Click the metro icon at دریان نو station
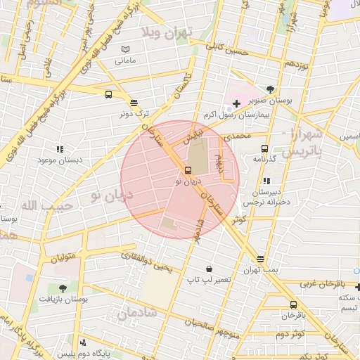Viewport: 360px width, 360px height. pyautogui.click(x=187, y=170)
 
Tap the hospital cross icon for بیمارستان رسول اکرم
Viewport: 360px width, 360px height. pyautogui.click(x=236, y=103)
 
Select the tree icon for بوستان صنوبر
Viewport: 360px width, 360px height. pyautogui.click(x=271, y=89)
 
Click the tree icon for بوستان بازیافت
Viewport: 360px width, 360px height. pyautogui.click(x=63, y=288)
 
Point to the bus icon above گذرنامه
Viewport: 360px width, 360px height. pyautogui.click(x=264, y=148)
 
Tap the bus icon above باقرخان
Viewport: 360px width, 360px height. pyautogui.click(x=293, y=304)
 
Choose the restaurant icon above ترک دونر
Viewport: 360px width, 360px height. pyautogui.click(x=134, y=102)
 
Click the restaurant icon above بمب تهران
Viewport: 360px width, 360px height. pyautogui.click(x=261, y=259)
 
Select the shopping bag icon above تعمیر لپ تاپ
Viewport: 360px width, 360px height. pyautogui.click(x=210, y=269)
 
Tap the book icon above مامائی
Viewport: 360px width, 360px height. pyautogui.click(x=125, y=49)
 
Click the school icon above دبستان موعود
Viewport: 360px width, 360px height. pyautogui.click(x=60, y=149)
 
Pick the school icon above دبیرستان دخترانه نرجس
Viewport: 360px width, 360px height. pyautogui.click(x=266, y=181)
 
